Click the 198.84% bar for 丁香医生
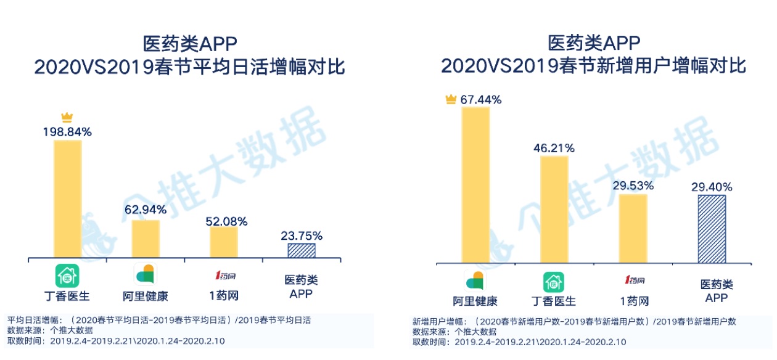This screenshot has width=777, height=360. pyautogui.click(x=68, y=198)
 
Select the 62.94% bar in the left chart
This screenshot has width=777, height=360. pyautogui.click(x=146, y=239)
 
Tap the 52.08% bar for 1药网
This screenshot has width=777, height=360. pyautogui.click(x=223, y=242)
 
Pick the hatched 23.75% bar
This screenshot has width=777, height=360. pyautogui.click(x=302, y=250)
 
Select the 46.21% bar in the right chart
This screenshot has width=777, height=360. pyautogui.click(x=554, y=210)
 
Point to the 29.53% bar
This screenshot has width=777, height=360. pyautogui.click(x=633, y=229)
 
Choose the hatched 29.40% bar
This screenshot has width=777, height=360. pyautogui.click(x=711, y=229)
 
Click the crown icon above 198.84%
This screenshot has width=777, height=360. pyautogui.click(x=67, y=118)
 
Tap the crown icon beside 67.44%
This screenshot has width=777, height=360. pyautogui.click(x=451, y=99)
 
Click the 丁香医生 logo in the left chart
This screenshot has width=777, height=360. pyautogui.click(x=67, y=275)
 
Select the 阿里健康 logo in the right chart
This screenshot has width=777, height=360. pyautogui.click(x=475, y=281)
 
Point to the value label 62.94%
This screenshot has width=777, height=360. pyautogui.click(x=146, y=209)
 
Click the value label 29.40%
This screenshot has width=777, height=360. pyautogui.click(x=712, y=186)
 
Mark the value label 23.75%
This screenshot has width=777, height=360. pyautogui.click(x=302, y=235)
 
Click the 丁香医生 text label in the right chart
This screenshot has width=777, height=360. pyautogui.click(x=554, y=301)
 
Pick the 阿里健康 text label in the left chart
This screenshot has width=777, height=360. pyautogui.click(x=146, y=296)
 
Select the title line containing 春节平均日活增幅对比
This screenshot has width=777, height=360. pyautogui.click(x=189, y=67)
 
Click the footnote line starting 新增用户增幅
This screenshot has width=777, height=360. pyautogui.click(x=573, y=322)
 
